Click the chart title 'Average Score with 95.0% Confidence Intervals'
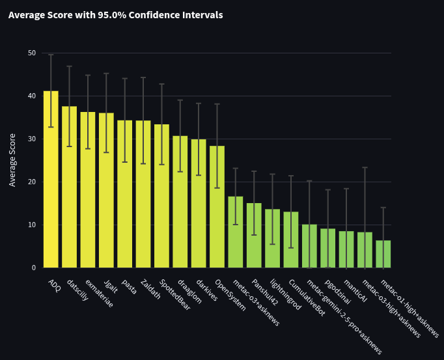(115, 15)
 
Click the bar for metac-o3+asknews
(235, 232)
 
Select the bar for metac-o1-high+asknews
(383, 254)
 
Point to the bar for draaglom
(180, 202)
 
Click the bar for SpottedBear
(161, 196)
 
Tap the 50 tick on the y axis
(32, 53)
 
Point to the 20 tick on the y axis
(32, 182)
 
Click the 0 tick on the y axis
(34, 268)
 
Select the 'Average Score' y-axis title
(12, 160)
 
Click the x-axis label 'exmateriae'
(98, 294)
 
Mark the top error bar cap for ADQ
(51, 55)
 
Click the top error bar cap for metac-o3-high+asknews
(365, 167)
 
